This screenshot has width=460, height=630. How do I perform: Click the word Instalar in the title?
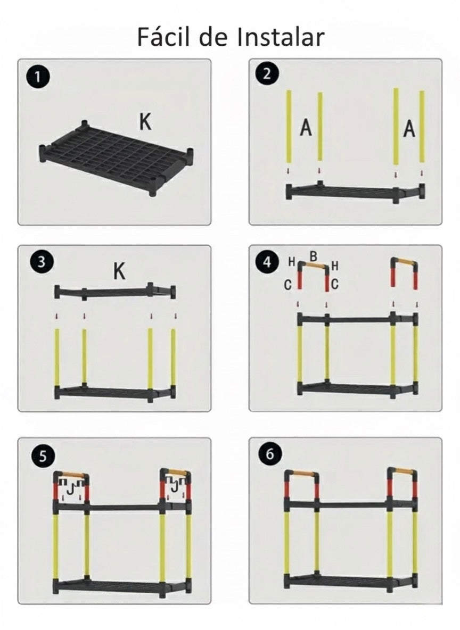tap(281, 37)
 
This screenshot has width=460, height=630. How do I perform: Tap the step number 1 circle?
tap(38, 77)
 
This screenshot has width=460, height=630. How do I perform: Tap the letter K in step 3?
tap(119, 271)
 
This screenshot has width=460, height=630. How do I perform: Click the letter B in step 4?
tap(314, 256)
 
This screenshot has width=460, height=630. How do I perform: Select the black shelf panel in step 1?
tap(116, 159)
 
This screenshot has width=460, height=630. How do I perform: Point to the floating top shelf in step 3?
tap(116, 292)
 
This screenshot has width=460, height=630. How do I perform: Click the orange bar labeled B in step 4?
tap(315, 265)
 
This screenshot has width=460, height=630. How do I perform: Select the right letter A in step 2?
tap(409, 129)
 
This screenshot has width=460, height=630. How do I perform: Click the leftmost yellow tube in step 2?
tap(289, 127)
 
